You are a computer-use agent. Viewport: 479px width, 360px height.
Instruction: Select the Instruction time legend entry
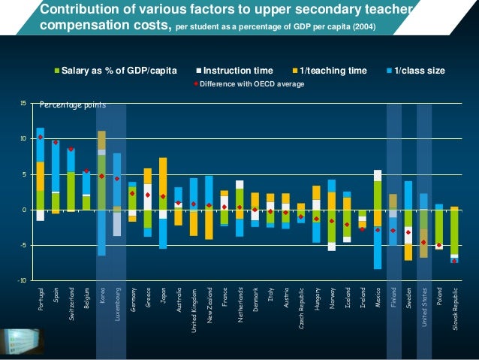(238, 71)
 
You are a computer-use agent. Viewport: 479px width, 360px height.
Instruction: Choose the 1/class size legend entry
(417, 71)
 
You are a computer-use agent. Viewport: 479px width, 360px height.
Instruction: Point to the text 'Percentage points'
(72, 106)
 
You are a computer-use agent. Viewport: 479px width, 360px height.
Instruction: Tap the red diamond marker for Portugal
(41, 138)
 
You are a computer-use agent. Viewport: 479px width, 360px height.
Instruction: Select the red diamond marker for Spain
(56, 142)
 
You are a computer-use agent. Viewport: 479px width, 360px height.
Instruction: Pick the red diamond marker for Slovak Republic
(454, 261)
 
